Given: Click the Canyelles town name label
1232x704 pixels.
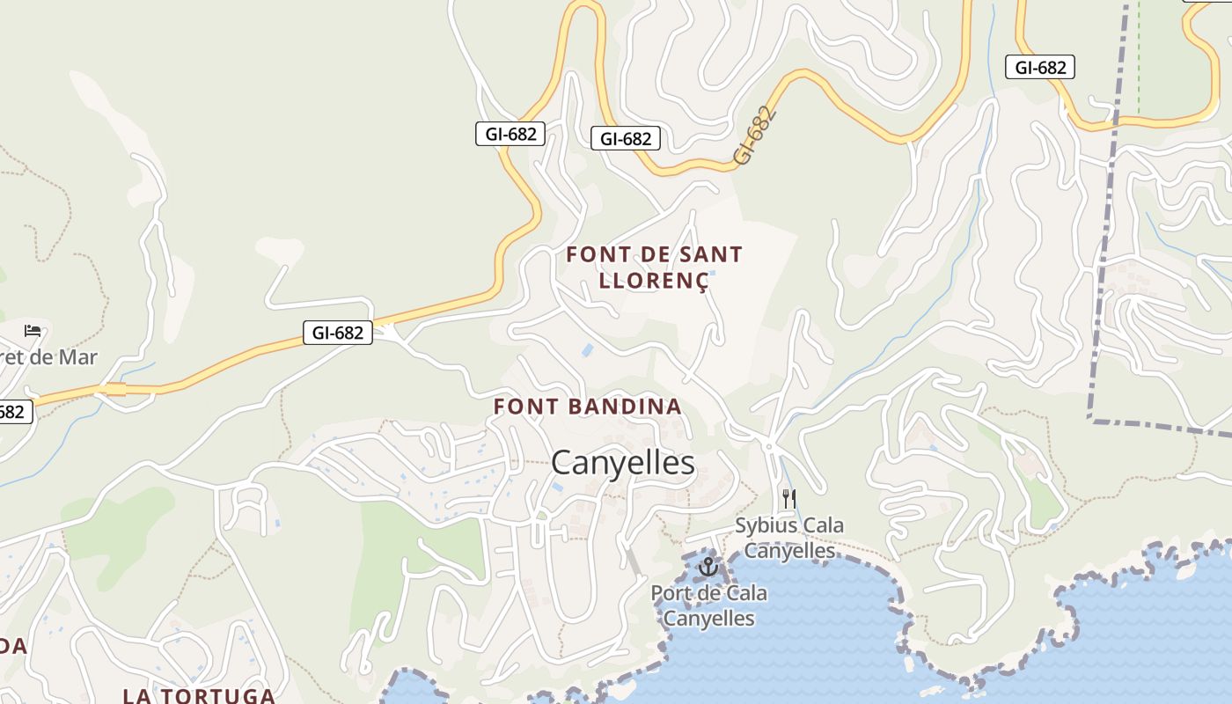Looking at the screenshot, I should click(x=623, y=463).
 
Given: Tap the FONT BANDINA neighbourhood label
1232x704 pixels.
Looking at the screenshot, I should click(x=587, y=407).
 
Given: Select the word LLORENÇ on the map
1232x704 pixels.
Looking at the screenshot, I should click(x=653, y=281).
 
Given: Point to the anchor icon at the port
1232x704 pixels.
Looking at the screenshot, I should click(x=708, y=568).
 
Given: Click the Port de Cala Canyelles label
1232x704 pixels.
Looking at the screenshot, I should click(x=708, y=605).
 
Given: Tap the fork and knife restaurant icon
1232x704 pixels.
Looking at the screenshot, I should click(x=788, y=499).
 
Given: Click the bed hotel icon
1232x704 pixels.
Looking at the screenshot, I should click(x=33, y=331).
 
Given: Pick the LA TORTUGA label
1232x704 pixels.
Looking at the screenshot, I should click(x=199, y=695).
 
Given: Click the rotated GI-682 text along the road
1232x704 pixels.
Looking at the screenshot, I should click(x=755, y=136).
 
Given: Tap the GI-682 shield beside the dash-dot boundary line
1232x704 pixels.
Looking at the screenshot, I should click(x=1040, y=67).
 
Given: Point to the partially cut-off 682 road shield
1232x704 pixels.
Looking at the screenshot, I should click(x=12, y=411).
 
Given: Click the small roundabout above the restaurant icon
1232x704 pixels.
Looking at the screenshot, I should click(x=769, y=447).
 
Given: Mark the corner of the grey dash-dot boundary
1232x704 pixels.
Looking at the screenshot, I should click(x=1091, y=421).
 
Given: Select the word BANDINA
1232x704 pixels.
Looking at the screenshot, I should click(x=626, y=407).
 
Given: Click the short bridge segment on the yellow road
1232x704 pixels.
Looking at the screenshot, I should click(x=112, y=389).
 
